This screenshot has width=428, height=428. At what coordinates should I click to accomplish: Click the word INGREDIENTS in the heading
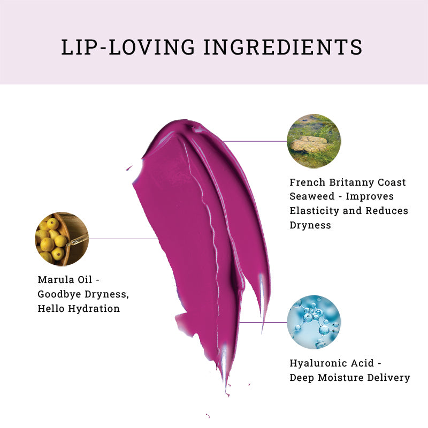[283, 47]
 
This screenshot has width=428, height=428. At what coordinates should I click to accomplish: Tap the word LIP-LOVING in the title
[128, 47]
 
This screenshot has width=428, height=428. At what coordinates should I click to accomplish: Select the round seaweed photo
[314, 141]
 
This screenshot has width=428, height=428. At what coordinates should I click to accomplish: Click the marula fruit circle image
[62, 239]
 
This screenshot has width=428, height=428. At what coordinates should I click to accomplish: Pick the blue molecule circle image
[314, 322]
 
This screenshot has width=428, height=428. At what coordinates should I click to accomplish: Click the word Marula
[56, 280]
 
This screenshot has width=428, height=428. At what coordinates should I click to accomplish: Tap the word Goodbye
[59, 294]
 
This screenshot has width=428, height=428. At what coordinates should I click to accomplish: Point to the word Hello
[51, 309]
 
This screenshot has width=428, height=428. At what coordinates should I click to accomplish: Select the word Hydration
[94, 309]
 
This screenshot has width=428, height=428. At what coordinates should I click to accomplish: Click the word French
[307, 182]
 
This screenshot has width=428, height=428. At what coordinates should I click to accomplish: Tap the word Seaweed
[312, 196]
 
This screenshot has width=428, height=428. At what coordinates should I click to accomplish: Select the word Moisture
[341, 378]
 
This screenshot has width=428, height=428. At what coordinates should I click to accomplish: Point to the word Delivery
[389, 378]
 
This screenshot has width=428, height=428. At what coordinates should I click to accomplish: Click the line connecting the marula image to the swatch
[124, 239]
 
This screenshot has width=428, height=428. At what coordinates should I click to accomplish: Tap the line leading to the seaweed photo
[255, 141]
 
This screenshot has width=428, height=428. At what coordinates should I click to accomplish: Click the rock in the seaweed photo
[309, 144]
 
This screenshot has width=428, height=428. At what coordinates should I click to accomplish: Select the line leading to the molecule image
[263, 323]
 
